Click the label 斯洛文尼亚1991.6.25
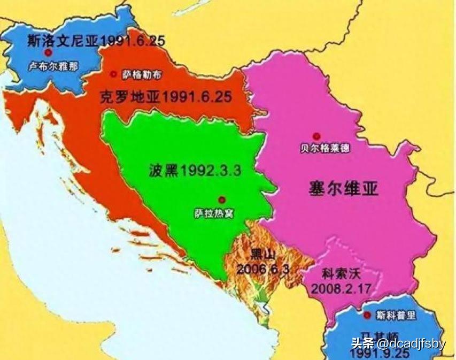click(96, 41)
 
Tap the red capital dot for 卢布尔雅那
click(49, 53)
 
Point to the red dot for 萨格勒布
click(113, 74)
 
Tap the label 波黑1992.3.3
click(196, 171)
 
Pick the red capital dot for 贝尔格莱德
click(317, 136)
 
